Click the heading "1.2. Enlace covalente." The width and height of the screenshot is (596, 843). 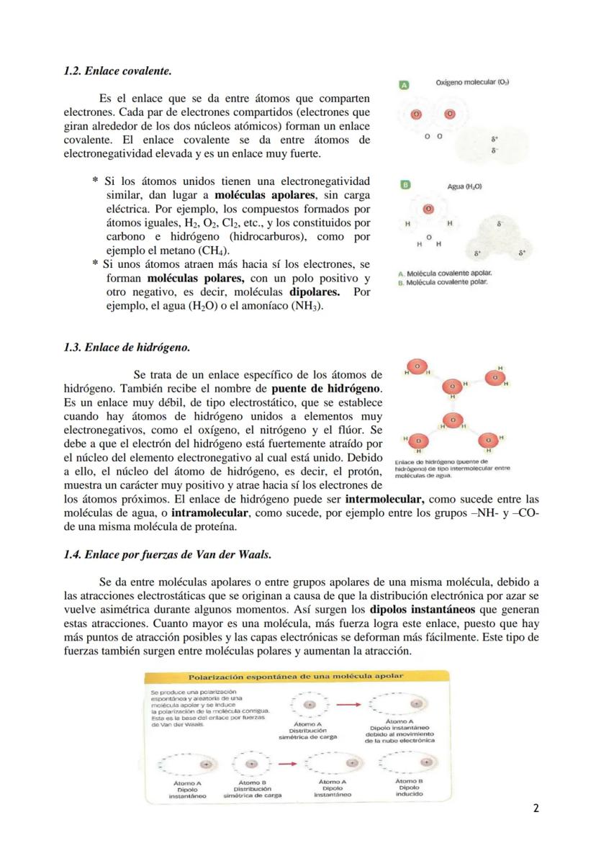(118, 72)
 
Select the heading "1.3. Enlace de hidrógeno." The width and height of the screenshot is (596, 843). (127, 347)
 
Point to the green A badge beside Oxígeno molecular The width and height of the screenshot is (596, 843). (405, 85)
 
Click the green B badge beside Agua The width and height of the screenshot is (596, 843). (405, 185)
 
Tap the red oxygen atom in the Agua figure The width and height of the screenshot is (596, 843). (428, 208)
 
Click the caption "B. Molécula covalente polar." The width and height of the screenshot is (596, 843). (443, 282)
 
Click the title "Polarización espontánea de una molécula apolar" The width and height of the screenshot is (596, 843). (296, 676)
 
